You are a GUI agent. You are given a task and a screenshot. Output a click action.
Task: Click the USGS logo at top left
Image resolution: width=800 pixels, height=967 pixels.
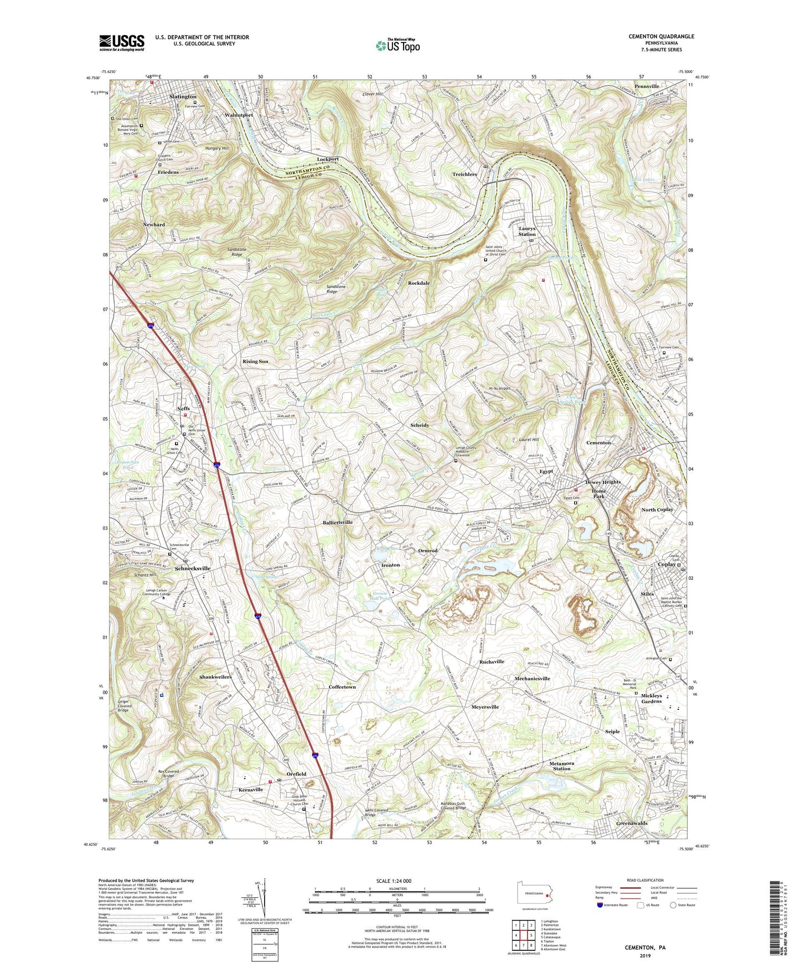point(122,43)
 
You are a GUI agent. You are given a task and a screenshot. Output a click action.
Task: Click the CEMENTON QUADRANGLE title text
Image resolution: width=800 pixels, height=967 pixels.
point(661,37)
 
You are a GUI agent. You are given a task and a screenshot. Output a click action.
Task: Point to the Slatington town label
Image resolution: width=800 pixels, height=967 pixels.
point(183,96)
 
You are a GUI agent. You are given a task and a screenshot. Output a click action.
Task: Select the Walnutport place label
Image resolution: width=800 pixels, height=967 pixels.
point(239,115)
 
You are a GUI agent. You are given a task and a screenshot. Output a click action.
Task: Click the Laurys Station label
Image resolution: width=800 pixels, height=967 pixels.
point(527,231)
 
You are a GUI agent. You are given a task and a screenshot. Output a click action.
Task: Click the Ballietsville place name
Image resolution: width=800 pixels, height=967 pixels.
point(337,522)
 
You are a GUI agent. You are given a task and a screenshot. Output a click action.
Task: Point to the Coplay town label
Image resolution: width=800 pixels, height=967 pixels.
point(667,565)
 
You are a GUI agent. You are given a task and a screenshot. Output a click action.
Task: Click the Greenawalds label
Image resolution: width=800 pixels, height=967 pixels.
point(632,824)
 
